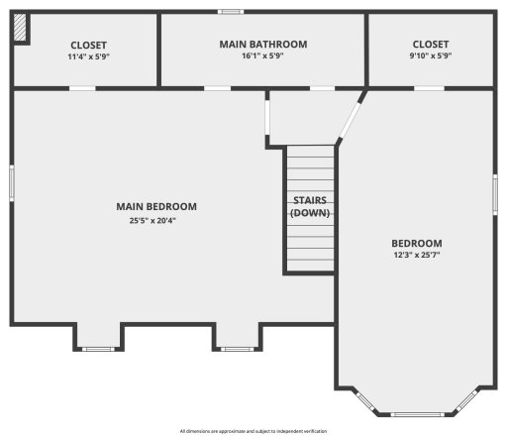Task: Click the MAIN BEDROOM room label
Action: [156, 207]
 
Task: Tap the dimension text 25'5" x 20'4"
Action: [156, 220]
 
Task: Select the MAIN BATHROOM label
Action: [262, 45]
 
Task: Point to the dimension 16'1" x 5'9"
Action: [262, 57]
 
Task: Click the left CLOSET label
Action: [88, 45]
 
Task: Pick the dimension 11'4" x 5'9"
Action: [88, 57]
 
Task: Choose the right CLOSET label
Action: [431, 45]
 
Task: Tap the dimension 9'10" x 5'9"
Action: [431, 57]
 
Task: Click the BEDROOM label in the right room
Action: [416, 244]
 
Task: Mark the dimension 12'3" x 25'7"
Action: [416, 256]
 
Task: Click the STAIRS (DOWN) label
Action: [310, 206]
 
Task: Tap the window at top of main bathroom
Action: [231, 12]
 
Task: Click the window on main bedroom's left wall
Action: [12, 183]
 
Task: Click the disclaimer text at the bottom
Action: [253, 431]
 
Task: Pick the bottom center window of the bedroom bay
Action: [414, 413]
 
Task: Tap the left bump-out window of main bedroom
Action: [97, 348]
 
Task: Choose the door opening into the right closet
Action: [428, 88]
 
